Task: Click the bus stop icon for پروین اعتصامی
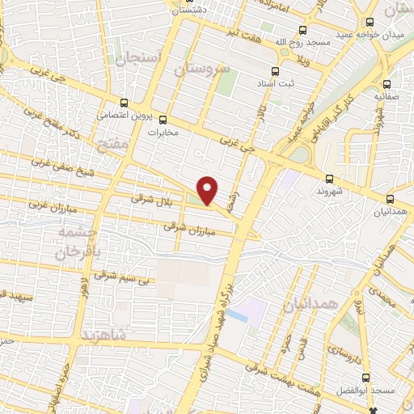point(124,103)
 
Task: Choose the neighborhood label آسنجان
point(142,59)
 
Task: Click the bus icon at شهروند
point(328,179)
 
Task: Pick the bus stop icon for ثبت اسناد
point(275,70)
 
